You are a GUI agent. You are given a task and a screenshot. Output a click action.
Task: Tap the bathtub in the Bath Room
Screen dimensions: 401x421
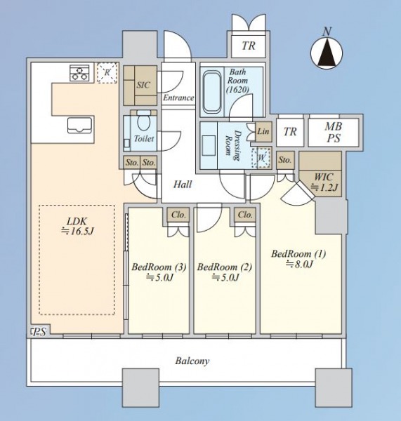(212, 91)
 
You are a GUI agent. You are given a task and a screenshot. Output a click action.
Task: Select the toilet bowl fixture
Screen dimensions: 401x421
(143, 121)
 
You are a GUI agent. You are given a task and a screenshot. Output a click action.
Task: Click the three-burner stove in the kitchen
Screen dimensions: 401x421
(79, 73)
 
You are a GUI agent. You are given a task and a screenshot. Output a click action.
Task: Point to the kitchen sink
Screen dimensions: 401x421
(80, 125)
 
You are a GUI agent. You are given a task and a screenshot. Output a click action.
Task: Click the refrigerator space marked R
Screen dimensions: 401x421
(107, 72)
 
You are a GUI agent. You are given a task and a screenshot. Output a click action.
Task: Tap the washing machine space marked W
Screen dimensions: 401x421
(261, 157)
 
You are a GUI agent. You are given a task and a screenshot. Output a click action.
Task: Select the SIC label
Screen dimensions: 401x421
(143, 85)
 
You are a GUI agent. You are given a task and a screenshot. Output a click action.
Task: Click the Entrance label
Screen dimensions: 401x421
(178, 98)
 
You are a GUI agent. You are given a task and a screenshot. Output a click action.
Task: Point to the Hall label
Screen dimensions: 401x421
(183, 185)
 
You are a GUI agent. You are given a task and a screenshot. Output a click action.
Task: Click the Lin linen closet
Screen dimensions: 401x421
(263, 132)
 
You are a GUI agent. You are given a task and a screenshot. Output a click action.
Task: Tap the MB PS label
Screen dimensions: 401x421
(334, 132)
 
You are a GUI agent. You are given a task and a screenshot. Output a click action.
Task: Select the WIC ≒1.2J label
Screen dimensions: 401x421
(324, 182)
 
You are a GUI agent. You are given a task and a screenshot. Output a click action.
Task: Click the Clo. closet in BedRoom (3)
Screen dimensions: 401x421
(178, 215)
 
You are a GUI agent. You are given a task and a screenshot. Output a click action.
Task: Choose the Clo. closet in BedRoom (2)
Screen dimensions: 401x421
(245, 215)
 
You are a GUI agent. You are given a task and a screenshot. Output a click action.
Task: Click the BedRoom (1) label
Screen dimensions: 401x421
(298, 254)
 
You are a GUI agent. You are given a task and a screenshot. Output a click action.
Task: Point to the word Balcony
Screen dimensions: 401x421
(192, 361)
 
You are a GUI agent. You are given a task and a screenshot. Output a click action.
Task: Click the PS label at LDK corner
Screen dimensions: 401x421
(39, 333)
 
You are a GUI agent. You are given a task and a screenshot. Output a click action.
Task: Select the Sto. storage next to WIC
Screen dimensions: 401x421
(285, 160)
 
